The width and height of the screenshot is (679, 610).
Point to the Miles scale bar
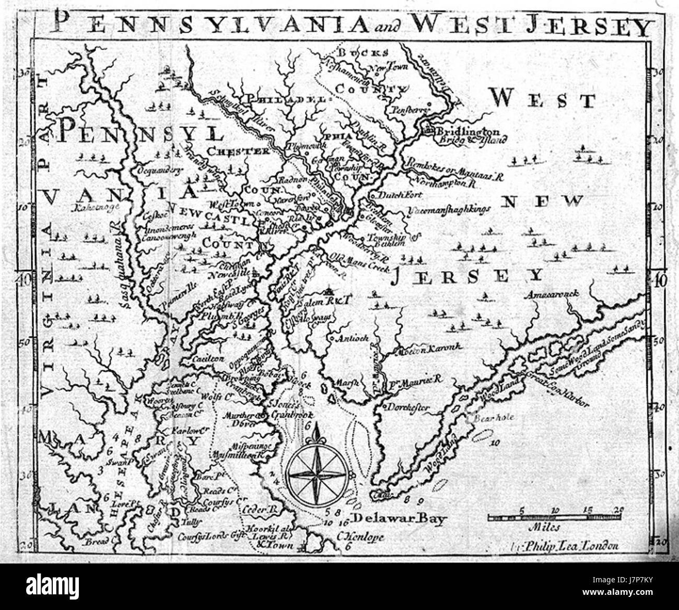point(556,518)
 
